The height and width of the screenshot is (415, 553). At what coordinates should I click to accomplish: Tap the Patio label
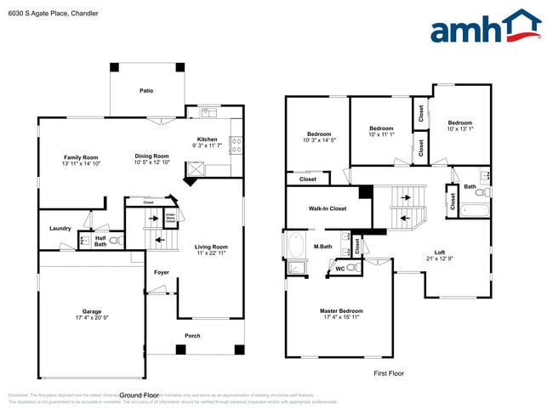click(146, 90)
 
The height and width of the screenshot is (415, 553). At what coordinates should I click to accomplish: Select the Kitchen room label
click(207, 139)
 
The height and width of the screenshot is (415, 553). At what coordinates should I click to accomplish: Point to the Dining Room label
click(151, 156)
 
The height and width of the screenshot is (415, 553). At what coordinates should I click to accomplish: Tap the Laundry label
click(60, 228)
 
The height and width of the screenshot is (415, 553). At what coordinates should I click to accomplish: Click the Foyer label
click(161, 272)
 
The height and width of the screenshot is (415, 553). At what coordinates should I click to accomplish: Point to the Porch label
click(193, 335)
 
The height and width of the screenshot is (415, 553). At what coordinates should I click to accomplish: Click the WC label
click(340, 268)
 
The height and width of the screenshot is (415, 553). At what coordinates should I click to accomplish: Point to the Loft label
click(440, 252)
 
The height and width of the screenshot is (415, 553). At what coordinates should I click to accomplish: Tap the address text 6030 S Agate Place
click(36, 14)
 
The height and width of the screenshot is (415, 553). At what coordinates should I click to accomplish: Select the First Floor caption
click(389, 373)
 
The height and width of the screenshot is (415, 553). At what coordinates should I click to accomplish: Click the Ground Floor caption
click(140, 395)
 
